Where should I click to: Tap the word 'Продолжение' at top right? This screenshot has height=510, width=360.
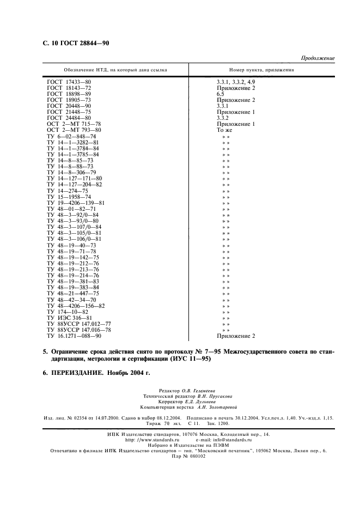click(318, 58)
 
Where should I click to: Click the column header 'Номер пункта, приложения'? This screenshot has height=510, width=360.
click(262, 70)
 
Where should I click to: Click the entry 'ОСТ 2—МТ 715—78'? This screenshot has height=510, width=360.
click(74, 124)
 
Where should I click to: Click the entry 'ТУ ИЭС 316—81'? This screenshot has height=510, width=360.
click(66, 318)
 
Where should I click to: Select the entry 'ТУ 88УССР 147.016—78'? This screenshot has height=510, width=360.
click(79, 330)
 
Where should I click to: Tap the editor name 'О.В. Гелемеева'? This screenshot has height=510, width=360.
click(200, 391)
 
